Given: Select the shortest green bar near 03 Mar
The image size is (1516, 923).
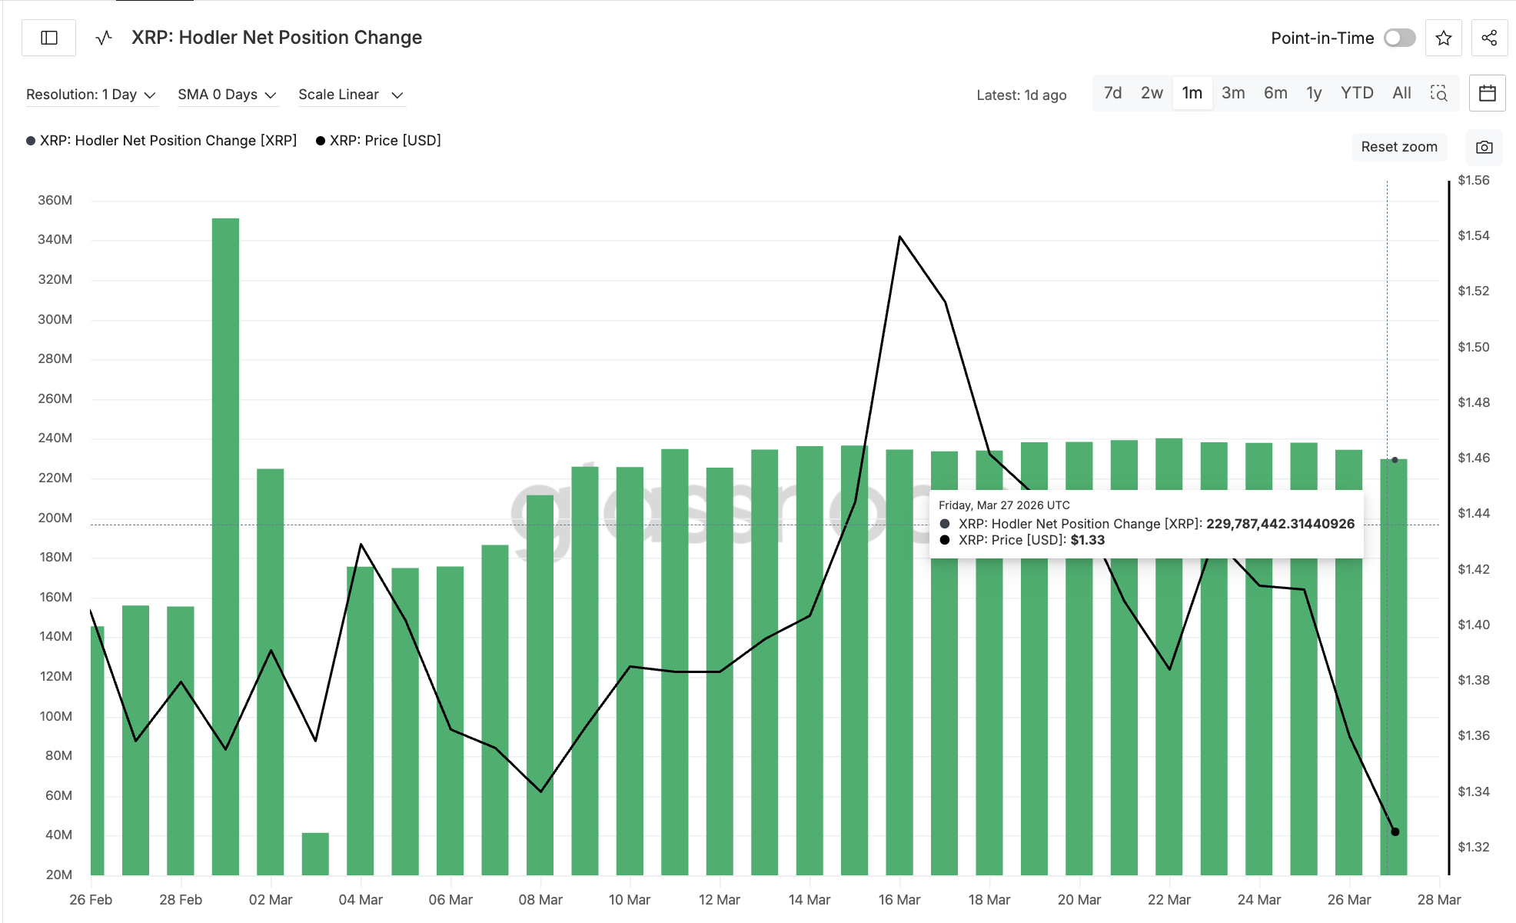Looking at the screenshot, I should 315,854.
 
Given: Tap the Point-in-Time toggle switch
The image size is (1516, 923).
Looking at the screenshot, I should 1399,38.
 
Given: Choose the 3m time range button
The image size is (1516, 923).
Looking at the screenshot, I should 1233,93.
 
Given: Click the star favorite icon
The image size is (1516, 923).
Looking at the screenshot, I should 1443,38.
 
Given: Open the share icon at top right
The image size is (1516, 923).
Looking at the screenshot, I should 1489,38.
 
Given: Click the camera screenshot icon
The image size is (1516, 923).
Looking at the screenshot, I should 1484,147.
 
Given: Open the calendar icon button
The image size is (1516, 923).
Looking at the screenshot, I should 1487,93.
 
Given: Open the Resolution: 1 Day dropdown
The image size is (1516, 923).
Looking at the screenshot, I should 91,95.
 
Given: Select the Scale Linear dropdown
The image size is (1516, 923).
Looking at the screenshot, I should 351,95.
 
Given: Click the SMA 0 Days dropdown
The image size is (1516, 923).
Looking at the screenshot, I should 227,95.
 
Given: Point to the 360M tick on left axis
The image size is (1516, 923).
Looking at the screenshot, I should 55,200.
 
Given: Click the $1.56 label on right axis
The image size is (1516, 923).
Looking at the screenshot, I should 1473,180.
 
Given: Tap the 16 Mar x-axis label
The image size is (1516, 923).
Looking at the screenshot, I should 899,899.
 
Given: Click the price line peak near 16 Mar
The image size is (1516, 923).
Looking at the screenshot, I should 899,236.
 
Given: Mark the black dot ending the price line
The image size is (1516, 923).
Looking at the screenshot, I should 1395,831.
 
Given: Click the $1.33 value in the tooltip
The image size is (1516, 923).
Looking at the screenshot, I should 1087,540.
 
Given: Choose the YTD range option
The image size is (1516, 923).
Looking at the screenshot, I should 1356,93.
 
